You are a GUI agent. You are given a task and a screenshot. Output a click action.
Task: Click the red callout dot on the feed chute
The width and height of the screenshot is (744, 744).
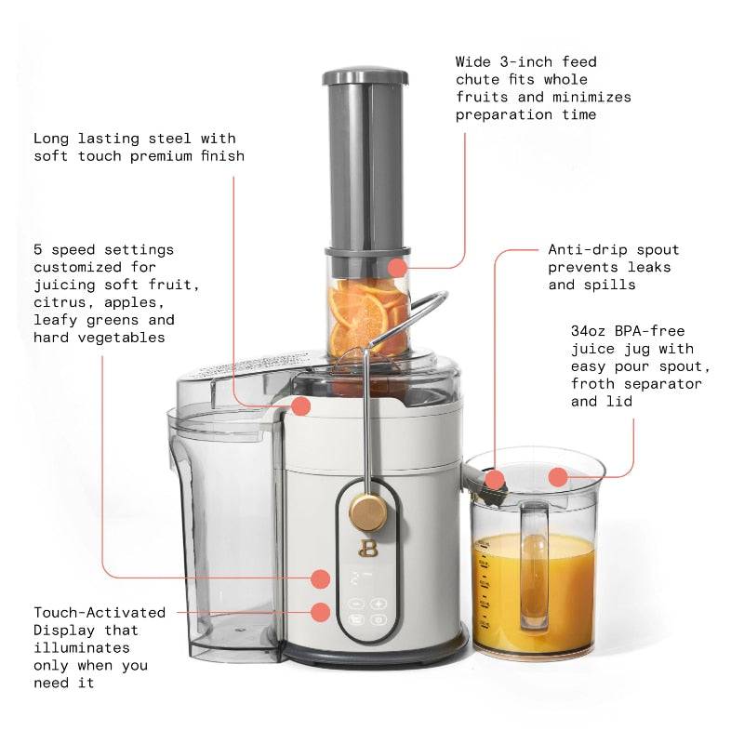(398, 269)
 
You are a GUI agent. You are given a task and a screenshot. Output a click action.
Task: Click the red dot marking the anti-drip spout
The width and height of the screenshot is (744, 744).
(496, 480)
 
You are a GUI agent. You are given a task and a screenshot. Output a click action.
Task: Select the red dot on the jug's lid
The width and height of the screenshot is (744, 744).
(557, 477)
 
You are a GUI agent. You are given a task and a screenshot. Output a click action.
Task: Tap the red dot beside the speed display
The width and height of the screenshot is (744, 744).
(320, 578)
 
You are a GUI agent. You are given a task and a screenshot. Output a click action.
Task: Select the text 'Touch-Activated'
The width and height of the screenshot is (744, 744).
(100, 613)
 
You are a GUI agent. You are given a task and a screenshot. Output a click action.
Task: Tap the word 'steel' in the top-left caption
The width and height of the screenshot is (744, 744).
(178, 139)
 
